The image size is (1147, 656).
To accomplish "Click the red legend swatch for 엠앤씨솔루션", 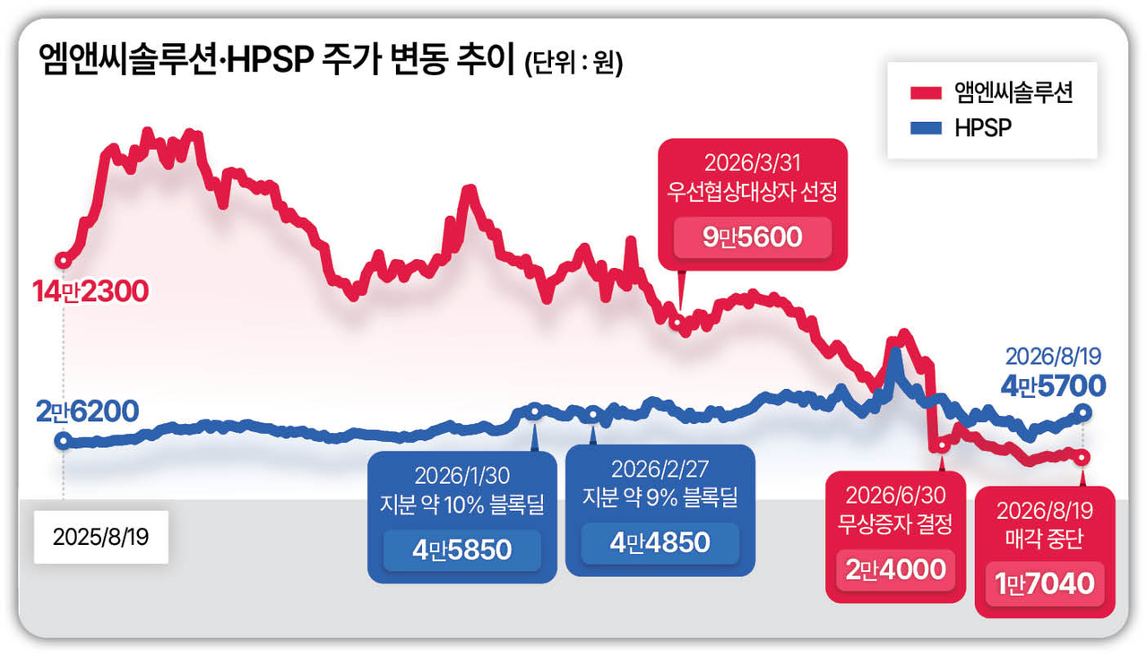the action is click(926, 92).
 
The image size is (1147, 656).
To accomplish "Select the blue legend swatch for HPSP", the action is click(926, 127).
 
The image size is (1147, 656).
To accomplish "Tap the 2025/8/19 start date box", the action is click(101, 537).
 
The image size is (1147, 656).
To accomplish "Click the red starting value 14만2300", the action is click(91, 291).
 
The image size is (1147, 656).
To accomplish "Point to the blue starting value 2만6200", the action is click(88, 411).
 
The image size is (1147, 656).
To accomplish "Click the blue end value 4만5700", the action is click(1053, 385).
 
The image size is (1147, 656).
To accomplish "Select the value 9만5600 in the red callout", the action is click(752, 237).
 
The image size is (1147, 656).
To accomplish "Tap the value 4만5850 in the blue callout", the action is click(461, 550).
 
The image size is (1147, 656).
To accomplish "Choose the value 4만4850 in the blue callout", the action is click(660, 542).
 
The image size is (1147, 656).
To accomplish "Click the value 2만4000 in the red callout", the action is click(895, 569).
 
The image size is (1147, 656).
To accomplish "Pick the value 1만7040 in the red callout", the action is click(1045, 583).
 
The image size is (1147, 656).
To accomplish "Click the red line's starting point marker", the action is click(64, 261).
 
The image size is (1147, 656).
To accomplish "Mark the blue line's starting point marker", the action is click(64, 440).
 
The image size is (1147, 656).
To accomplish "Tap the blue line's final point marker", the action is click(1083, 412).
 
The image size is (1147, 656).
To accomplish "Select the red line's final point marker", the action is click(1082, 457).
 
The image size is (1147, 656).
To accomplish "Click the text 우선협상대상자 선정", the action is click(752, 192).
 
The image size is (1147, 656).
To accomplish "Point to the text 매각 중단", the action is click(1045, 539).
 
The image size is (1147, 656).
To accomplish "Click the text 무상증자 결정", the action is click(895, 524).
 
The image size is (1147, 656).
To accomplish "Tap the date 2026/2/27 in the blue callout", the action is click(660, 469).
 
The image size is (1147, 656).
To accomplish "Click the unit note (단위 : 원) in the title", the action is click(574, 64).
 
